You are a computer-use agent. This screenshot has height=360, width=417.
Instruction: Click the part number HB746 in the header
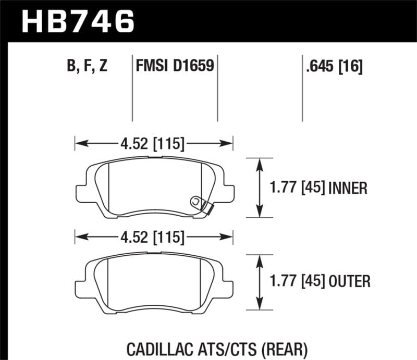[x=77, y=21]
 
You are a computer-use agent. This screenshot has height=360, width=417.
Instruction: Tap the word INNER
[x=348, y=188]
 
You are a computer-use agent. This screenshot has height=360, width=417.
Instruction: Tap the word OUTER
[x=350, y=282]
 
